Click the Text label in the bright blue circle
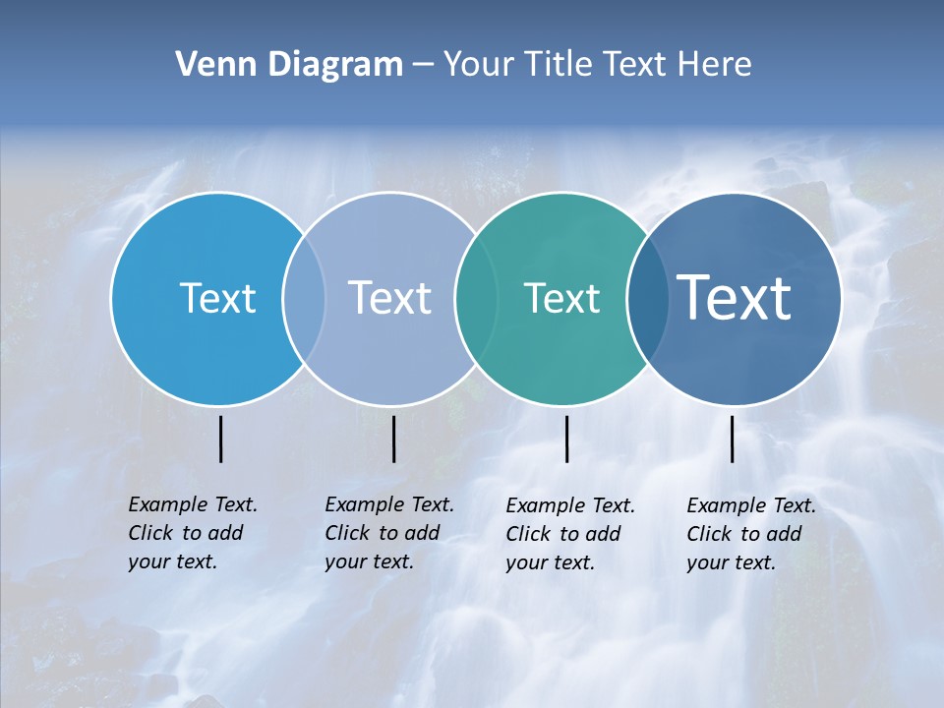point(217,298)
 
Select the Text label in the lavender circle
point(389,298)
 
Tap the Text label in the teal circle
point(561,298)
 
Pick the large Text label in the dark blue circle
point(735,298)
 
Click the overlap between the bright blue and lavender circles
point(304,298)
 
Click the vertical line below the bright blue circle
point(221,439)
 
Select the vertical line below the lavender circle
point(393,439)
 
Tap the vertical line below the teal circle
point(567,439)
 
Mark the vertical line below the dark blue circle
point(733,439)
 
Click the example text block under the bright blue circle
point(192,533)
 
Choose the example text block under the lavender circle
point(388,533)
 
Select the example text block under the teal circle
point(569,534)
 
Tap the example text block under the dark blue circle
point(750,534)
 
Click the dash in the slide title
point(423,65)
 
